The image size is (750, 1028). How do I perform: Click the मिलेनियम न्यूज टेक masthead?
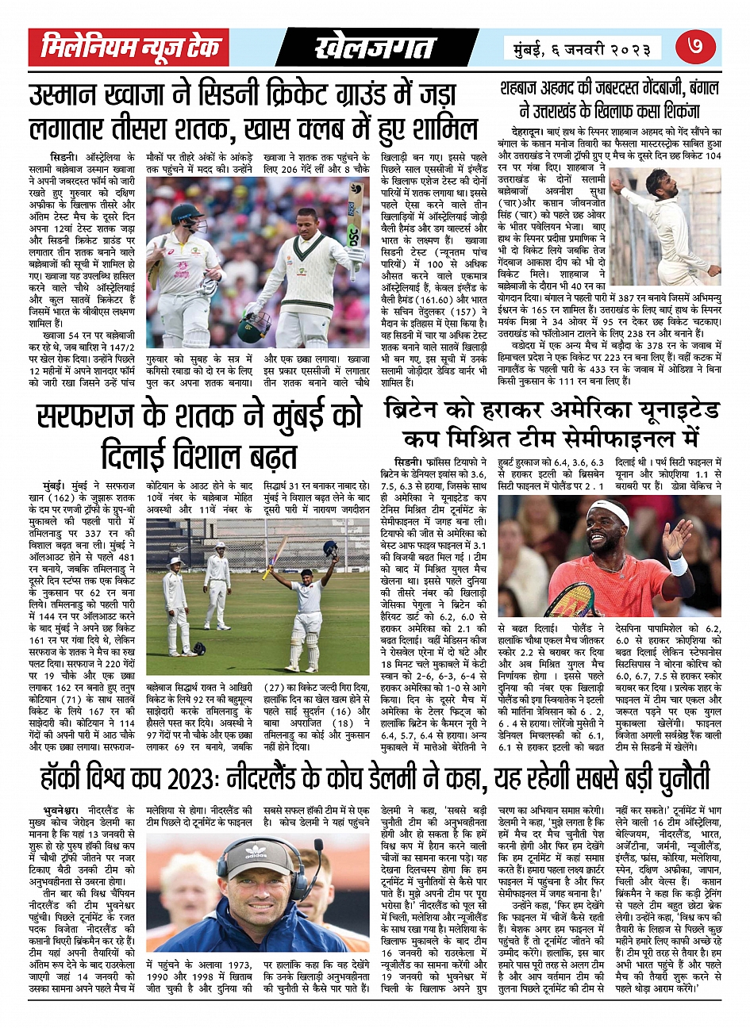(130, 48)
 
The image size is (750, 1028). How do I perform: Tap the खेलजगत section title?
(368, 48)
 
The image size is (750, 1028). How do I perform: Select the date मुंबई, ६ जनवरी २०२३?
(583, 48)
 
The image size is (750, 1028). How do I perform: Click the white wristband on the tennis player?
(678, 565)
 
